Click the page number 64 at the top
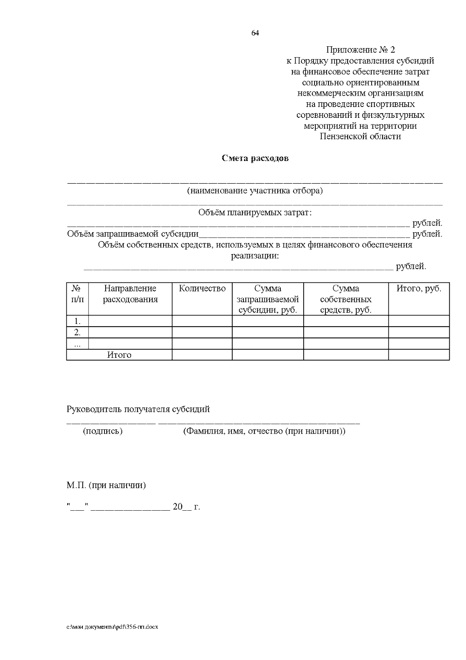coord(255,33)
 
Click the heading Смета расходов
coord(255,158)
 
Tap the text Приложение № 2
coord(360,50)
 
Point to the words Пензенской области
coord(360,137)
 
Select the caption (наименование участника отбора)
coord(255,191)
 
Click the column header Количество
coord(202,289)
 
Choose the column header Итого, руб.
coord(419,289)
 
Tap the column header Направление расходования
coord(130,294)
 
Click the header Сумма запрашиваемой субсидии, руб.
coord(268,299)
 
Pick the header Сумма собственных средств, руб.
coord(346,299)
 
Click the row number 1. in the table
coord(78,321)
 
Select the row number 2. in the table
coord(78,333)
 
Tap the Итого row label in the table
coord(119,355)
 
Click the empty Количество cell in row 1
coord(202,321)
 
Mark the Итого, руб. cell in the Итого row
coord(419,355)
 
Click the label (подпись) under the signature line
coord(103,431)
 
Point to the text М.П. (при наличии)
coord(106,485)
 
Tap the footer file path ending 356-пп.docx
coord(112,627)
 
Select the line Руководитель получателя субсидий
coord(138,409)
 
